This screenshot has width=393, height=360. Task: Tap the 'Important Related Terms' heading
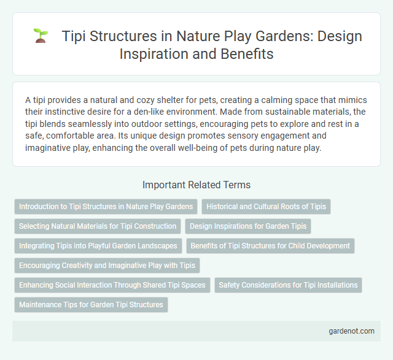coord(196,185)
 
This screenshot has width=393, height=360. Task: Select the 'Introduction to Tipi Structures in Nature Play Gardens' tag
coord(106,207)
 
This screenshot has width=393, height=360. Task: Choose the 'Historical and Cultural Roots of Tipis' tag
coord(266,207)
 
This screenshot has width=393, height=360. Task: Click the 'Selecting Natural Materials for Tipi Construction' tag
coord(98,226)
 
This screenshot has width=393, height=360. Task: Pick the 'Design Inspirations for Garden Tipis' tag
coord(248,226)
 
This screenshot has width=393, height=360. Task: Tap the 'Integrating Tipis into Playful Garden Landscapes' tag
coord(98,246)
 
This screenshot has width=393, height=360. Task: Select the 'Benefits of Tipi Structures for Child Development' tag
coord(270,246)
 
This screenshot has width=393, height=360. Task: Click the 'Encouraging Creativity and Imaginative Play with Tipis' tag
coord(107,266)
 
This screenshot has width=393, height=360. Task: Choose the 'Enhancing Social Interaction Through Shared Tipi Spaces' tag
coord(112,285)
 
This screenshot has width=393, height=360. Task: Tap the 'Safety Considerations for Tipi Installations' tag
coord(288,285)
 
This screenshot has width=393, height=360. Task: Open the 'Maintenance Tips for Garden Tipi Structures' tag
coord(91,305)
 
